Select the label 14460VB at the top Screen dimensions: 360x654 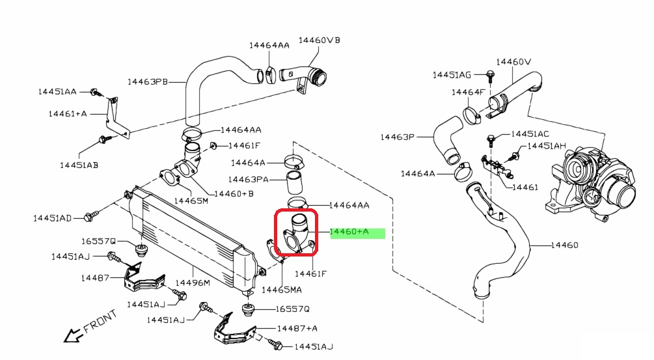pos(319,40)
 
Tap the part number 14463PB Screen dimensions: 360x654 pos(148,82)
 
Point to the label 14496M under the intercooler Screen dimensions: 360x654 pos(193,283)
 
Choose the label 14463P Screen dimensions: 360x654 pos(398,137)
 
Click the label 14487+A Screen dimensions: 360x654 pos(297,329)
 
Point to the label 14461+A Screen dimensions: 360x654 pos(68,113)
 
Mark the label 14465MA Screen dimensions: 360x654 pos(280,288)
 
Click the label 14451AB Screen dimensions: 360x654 pos(79,165)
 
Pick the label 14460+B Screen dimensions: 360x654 pos(234,193)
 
